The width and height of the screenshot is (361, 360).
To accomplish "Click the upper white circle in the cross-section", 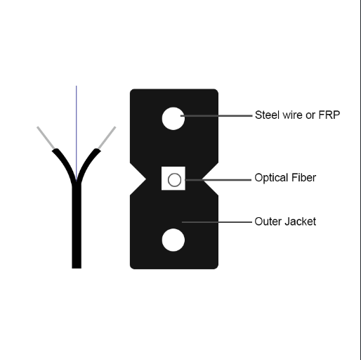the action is click(x=173, y=118).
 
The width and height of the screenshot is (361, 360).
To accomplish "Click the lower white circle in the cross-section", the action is click(x=173, y=240).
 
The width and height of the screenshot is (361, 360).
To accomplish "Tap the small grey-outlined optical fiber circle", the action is click(x=174, y=180).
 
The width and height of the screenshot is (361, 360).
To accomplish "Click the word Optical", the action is click(x=268, y=178).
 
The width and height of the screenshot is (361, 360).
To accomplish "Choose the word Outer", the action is click(x=268, y=221).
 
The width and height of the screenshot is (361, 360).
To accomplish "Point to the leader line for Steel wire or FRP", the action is click(x=216, y=115).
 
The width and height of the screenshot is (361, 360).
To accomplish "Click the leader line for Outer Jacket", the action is click(x=217, y=222).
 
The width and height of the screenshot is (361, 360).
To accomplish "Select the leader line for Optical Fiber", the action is click(x=218, y=180).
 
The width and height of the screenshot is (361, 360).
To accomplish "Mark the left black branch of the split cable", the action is click(x=65, y=164).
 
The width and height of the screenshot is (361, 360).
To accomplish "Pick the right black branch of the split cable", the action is click(x=87, y=164).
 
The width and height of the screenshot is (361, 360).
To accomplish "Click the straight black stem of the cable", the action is click(x=77, y=226).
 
